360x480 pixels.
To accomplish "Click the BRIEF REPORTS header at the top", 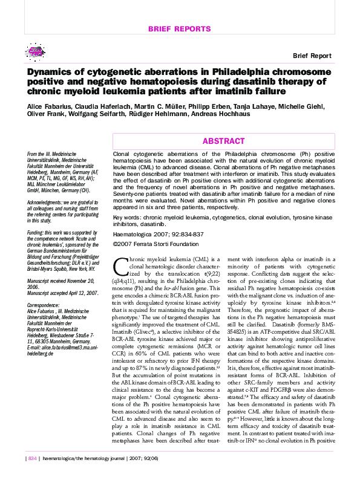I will (x=180, y=29).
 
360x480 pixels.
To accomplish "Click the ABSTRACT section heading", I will (x=223, y=141).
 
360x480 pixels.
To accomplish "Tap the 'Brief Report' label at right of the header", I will (x=312, y=56).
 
